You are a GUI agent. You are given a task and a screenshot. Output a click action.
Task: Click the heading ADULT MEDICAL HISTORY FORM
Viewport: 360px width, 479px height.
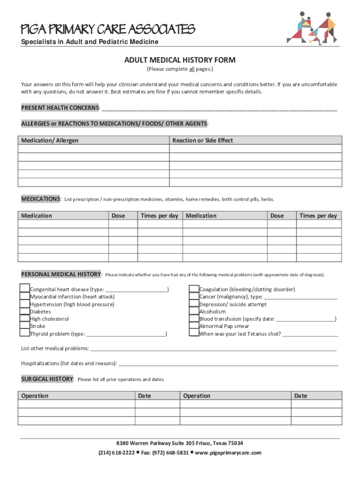[180, 60]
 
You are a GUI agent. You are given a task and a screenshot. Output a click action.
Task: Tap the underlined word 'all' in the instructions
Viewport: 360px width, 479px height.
[191, 70]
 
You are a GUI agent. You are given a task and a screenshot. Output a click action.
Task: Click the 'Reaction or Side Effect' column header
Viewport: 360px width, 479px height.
[202, 140]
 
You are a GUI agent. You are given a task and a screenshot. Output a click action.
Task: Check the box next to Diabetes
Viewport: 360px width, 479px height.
[25, 311]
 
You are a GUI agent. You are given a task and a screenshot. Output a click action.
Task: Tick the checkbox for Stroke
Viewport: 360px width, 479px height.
[25, 326]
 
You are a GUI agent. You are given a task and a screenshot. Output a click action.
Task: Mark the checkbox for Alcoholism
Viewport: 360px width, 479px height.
[194, 311]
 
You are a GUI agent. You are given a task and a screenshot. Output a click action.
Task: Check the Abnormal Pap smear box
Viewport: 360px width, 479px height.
[194, 326]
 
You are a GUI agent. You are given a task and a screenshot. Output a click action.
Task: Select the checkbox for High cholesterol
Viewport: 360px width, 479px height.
[25, 319]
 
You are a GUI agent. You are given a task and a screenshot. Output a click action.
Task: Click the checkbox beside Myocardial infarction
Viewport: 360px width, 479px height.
[25, 297]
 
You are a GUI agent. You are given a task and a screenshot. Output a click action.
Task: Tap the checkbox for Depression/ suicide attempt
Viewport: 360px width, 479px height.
[194, 304]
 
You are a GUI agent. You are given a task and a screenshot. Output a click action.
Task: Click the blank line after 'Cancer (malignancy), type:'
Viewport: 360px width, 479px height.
[301, 297]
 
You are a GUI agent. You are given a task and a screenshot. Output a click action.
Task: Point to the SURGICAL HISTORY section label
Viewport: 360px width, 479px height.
[47, 379]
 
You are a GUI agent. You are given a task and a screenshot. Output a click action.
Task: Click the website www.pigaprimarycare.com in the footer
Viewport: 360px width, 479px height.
[228, 453]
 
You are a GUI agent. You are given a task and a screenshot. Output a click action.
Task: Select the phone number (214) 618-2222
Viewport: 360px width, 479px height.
[116, 453]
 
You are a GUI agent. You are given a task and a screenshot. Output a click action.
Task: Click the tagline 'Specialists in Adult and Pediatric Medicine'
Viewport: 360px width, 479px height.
[90, 42]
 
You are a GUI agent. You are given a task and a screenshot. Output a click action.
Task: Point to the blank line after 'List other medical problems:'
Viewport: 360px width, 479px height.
[213, 348]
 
